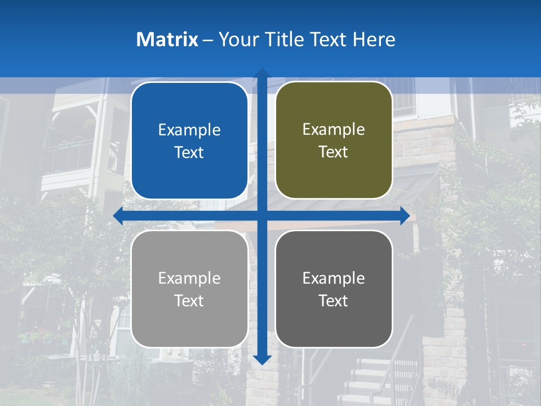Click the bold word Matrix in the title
(167, 39)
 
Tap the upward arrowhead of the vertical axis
(262, 73)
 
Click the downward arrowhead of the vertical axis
(262, 360)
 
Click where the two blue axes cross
(262, 215)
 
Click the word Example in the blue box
(189, 130)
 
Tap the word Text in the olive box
(334, 152)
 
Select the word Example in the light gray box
(189, 278)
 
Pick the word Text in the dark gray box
(334, 301)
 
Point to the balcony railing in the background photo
(68, 156)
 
